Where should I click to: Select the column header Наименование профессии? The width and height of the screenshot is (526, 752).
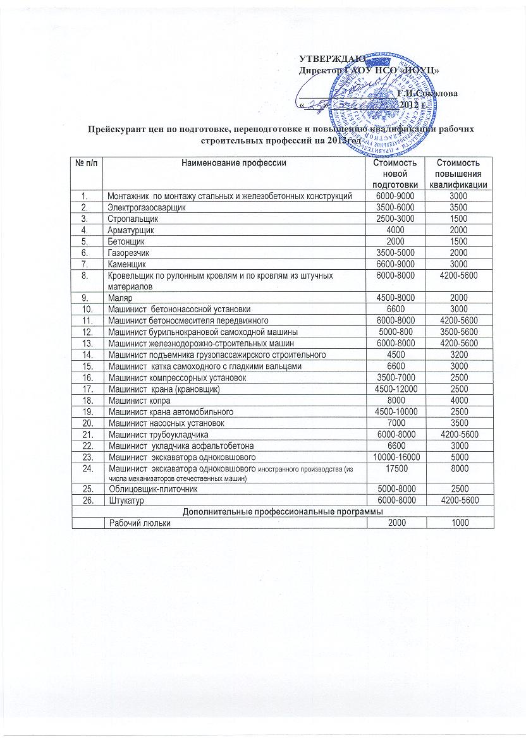pyautogui.click(x=234, y=163)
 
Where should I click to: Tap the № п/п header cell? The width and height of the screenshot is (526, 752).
pyautogui.click(x=87, y=163)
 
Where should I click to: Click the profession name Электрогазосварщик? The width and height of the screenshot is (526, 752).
pyautogui.click(x=146, y=207)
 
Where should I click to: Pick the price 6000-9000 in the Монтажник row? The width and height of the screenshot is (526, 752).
pyautogui.click(x=394, y=197)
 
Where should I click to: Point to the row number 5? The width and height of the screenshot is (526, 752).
pyautogui.click(x=87, y=241)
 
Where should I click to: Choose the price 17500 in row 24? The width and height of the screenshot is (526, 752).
pyautogui.click(x=394, y=470)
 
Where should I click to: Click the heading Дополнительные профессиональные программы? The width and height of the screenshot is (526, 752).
pyautogui.click(x=283, y=511)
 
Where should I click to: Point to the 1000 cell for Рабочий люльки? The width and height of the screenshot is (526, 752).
pyautogui.click(x=460, y=523)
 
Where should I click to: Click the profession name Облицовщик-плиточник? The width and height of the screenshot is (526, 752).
pyautogui.click(x=149, y=489)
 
